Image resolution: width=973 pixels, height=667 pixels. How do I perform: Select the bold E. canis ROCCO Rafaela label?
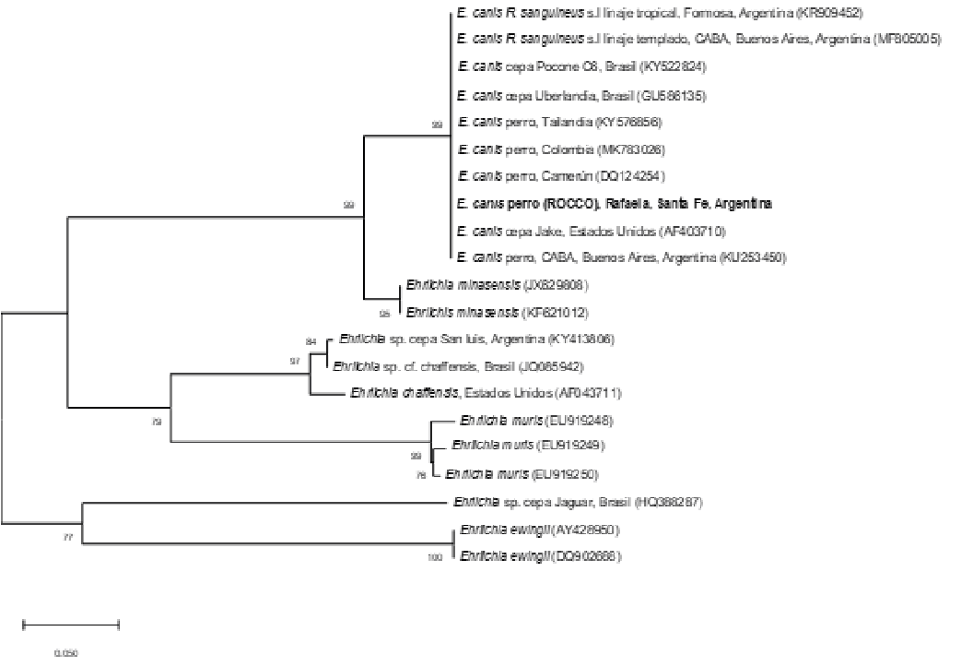click(x=614, y=203)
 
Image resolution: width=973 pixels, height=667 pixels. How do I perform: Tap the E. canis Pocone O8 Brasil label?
click(x=582, y=67)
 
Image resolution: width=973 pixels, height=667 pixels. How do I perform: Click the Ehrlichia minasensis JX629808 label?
click(x=497, y=285)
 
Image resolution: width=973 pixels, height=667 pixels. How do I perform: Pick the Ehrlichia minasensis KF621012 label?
click(x=497, y=312)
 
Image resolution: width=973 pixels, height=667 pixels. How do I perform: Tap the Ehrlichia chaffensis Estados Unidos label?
click(x=486, y=393)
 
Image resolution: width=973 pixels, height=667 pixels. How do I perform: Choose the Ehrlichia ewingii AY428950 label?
click(x=540, y=530)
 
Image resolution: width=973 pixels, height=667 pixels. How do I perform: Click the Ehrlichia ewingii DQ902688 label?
click(x=540, y=556)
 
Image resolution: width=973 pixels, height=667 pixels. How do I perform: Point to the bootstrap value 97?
click(x=295, y=361)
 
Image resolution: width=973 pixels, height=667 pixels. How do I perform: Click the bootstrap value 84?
click(x=311, y=342)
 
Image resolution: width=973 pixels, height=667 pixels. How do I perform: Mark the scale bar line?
click(x=71, y=625)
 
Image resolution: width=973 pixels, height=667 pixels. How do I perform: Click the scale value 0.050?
click(x=65, y=653)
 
